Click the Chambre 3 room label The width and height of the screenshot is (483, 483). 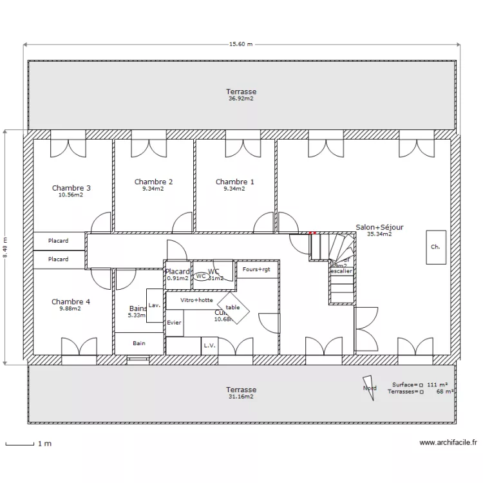71,188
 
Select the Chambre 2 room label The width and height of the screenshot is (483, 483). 153,182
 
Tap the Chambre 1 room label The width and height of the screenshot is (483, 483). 234,182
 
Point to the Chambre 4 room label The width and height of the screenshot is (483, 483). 71,301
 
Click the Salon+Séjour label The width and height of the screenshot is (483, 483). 380,227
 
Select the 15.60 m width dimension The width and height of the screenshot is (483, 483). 241,44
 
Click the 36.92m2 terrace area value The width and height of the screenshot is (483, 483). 241,99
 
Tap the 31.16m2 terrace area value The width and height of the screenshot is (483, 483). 241,397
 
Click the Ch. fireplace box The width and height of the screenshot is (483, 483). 435,247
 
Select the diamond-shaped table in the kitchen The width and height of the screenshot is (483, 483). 232,308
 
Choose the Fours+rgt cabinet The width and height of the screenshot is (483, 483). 257,269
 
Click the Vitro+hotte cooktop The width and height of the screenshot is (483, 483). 197,300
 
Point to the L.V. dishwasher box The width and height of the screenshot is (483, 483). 209,346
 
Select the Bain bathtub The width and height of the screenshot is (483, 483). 139,343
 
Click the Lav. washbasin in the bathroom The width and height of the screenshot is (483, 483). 155,305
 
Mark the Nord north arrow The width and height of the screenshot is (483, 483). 369,388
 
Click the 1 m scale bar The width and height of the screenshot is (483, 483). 19,444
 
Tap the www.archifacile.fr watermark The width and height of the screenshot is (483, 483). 448,442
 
